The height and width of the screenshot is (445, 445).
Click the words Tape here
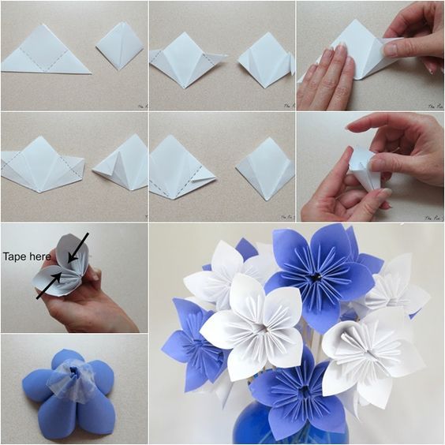click(27, 257)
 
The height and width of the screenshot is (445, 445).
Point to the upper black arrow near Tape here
click(77, 246)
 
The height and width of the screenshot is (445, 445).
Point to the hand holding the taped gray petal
click(87, 304)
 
